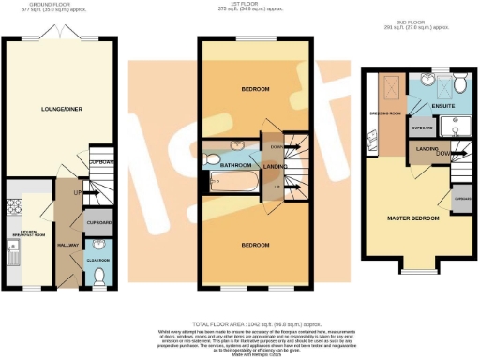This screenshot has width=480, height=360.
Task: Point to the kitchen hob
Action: (x=14, y=208)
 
